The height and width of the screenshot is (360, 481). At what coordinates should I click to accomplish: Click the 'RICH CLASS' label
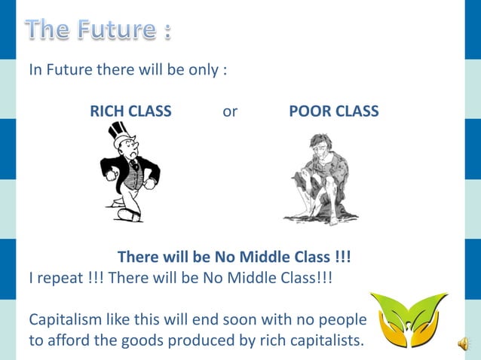[x=130, y=111]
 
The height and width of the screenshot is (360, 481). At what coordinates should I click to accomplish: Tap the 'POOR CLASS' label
[x=334, y=111]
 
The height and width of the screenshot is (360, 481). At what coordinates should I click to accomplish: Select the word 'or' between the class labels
[x=230, y=111]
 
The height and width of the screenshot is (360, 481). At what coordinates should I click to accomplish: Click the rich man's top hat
[x=121, y=136]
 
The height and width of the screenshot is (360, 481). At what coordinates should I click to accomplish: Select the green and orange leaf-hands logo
[x=409, y=320]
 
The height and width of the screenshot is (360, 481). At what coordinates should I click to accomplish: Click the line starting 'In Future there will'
[x=128, y=70]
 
